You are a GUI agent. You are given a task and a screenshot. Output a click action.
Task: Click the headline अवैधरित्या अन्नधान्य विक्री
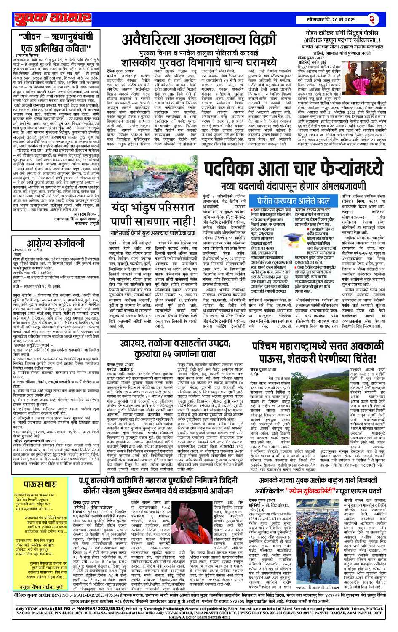199,40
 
